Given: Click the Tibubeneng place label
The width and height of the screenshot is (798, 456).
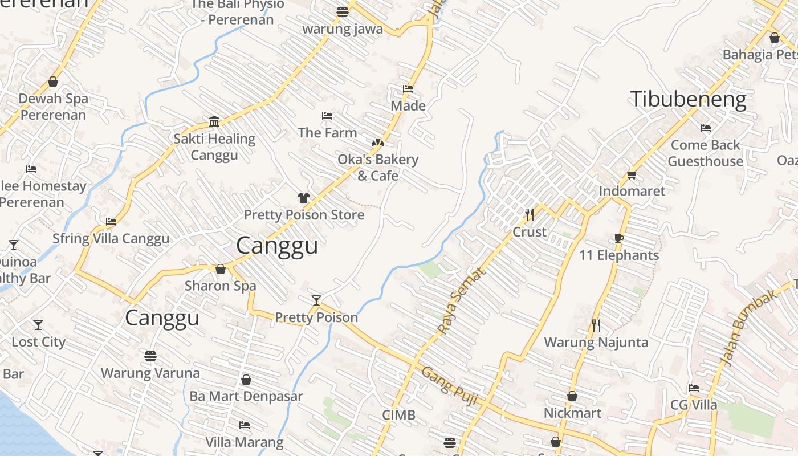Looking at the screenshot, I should pyautogui.click(x=688, y=99).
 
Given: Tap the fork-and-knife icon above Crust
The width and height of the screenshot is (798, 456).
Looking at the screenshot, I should pyautogui.click(x=530, y=215).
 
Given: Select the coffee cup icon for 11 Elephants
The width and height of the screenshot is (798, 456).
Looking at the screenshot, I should pyautogui.click(x=619, y=238).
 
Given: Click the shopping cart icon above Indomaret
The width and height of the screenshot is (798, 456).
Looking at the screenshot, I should pyautogui.click(x=632, y=174).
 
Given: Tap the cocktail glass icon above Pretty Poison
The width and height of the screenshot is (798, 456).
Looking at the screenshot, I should pyautogui.click(x=316, y=300).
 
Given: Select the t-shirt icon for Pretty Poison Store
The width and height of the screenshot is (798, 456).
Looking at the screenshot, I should pyautogui.click(x=304, y=198).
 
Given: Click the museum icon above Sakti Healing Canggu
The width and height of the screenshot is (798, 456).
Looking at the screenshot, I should pyautogui.click(x=214, y=121).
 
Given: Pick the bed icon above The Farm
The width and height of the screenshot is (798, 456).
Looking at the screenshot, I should pyautogui.click(x=327, y=116).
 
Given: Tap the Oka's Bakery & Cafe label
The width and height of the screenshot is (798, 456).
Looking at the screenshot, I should pyautogui.click(x=378, y=168).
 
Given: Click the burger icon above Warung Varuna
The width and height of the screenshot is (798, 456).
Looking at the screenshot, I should pyautogui.click(x=150, y=356).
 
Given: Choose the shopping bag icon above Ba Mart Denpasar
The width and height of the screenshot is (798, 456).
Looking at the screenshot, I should pyautogui.click(x=246, y=380).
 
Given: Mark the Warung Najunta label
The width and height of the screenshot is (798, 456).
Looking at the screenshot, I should pyautogui.click(x=596, y=343).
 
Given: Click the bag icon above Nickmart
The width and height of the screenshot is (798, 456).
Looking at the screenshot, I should pyautogui.click(x=572, y=396).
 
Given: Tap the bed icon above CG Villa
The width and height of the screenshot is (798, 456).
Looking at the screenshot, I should pyautogui.click(x=694, y=388).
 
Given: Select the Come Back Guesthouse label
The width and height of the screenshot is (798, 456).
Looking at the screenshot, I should pyautogui.click(x=705, y=153).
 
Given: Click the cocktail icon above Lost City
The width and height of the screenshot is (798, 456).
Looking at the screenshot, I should pyautogui.click(x=38, y=325).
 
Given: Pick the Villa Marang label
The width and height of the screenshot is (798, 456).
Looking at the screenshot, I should pyautogui.click(x=244, y=442).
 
